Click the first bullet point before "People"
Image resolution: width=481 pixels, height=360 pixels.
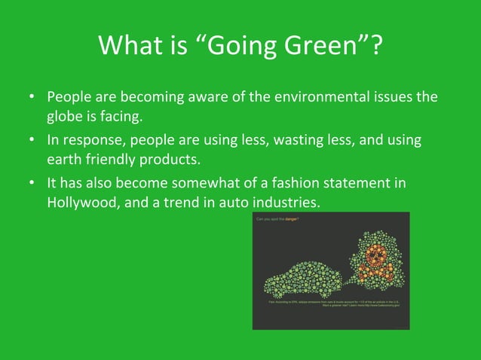(31, 99)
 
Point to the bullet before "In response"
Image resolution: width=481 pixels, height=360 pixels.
(31, 141)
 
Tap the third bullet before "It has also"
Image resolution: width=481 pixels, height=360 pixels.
(31, 183)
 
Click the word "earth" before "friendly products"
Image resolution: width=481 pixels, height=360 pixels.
(63, 161)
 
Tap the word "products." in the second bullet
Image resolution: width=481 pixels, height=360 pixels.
(173, 161)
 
